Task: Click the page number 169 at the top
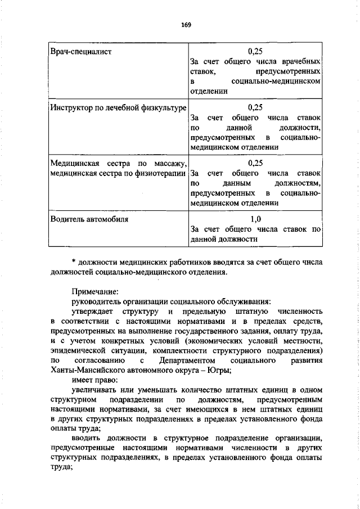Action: click(x=186, y=24)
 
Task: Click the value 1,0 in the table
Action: click(x=255, y=219)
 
